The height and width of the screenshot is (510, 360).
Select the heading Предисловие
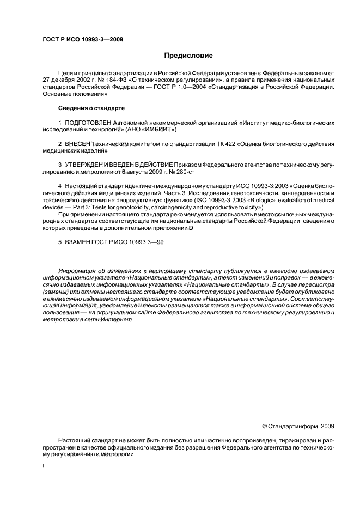point(188,56)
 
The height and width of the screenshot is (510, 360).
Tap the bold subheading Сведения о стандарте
point(91,108)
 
